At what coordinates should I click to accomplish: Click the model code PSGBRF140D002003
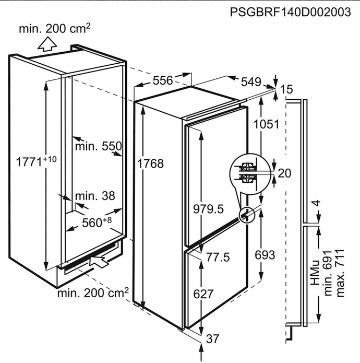click(291, 12)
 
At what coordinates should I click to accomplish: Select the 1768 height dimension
click(150, 163)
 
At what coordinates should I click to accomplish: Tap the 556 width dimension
click(163, 80)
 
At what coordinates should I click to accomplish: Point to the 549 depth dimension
click(251, 81)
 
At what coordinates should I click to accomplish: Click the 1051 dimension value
click(267, 124)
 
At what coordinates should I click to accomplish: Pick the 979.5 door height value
click(209, 209)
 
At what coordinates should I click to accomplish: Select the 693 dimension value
click(265, 255)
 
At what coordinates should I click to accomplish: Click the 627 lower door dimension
click(203, 294)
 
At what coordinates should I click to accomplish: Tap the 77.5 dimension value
click(218, 257)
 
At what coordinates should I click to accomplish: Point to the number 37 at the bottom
click(212, 339)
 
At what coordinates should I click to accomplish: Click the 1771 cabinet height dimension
click(36, 161)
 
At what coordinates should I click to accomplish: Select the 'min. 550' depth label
click(99, 146)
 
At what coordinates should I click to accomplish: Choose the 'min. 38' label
click(95, 196)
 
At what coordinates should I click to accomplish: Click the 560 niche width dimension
click(97, 223)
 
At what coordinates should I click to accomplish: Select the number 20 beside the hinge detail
click(284, 173)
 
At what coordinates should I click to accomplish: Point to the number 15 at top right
click(286, 89)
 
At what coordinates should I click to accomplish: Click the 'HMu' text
click(315, 273)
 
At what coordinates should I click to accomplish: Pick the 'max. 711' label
click(340, 273)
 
